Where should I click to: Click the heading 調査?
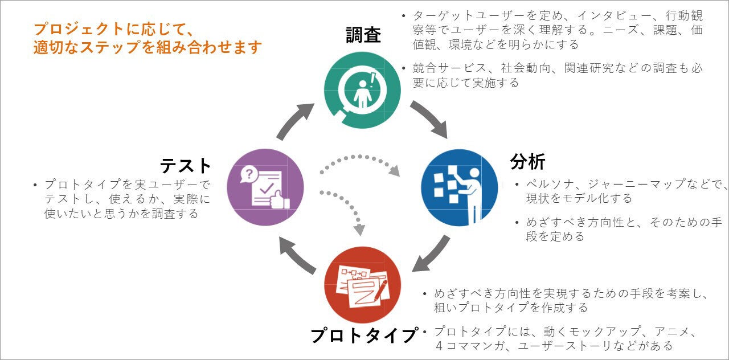363,35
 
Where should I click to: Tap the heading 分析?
527,162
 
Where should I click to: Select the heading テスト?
186,166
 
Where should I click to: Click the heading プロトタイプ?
364,336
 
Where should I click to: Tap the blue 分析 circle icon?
459,187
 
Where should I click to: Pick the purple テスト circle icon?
265,187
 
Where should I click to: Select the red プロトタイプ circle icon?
362,285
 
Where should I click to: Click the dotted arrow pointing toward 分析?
359,159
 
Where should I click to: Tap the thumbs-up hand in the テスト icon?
280,199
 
